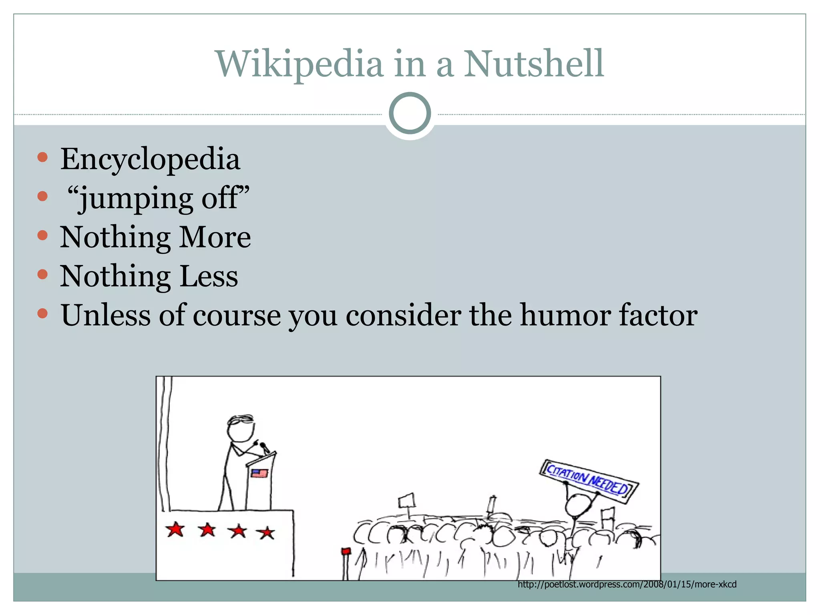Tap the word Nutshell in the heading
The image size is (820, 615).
534,64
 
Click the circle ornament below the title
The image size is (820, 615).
410,113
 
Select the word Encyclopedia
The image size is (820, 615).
150,159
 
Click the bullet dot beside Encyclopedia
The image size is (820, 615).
42,157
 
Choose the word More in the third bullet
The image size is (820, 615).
215,237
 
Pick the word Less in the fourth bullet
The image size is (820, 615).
209,276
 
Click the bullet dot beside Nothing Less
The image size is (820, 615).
42,274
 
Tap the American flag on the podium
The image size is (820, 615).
259,473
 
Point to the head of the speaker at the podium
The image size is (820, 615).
240,429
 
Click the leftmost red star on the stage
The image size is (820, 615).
175,529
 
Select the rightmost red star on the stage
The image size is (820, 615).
266,533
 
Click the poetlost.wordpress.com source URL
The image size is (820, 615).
627,585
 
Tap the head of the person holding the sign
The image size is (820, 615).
577,506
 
